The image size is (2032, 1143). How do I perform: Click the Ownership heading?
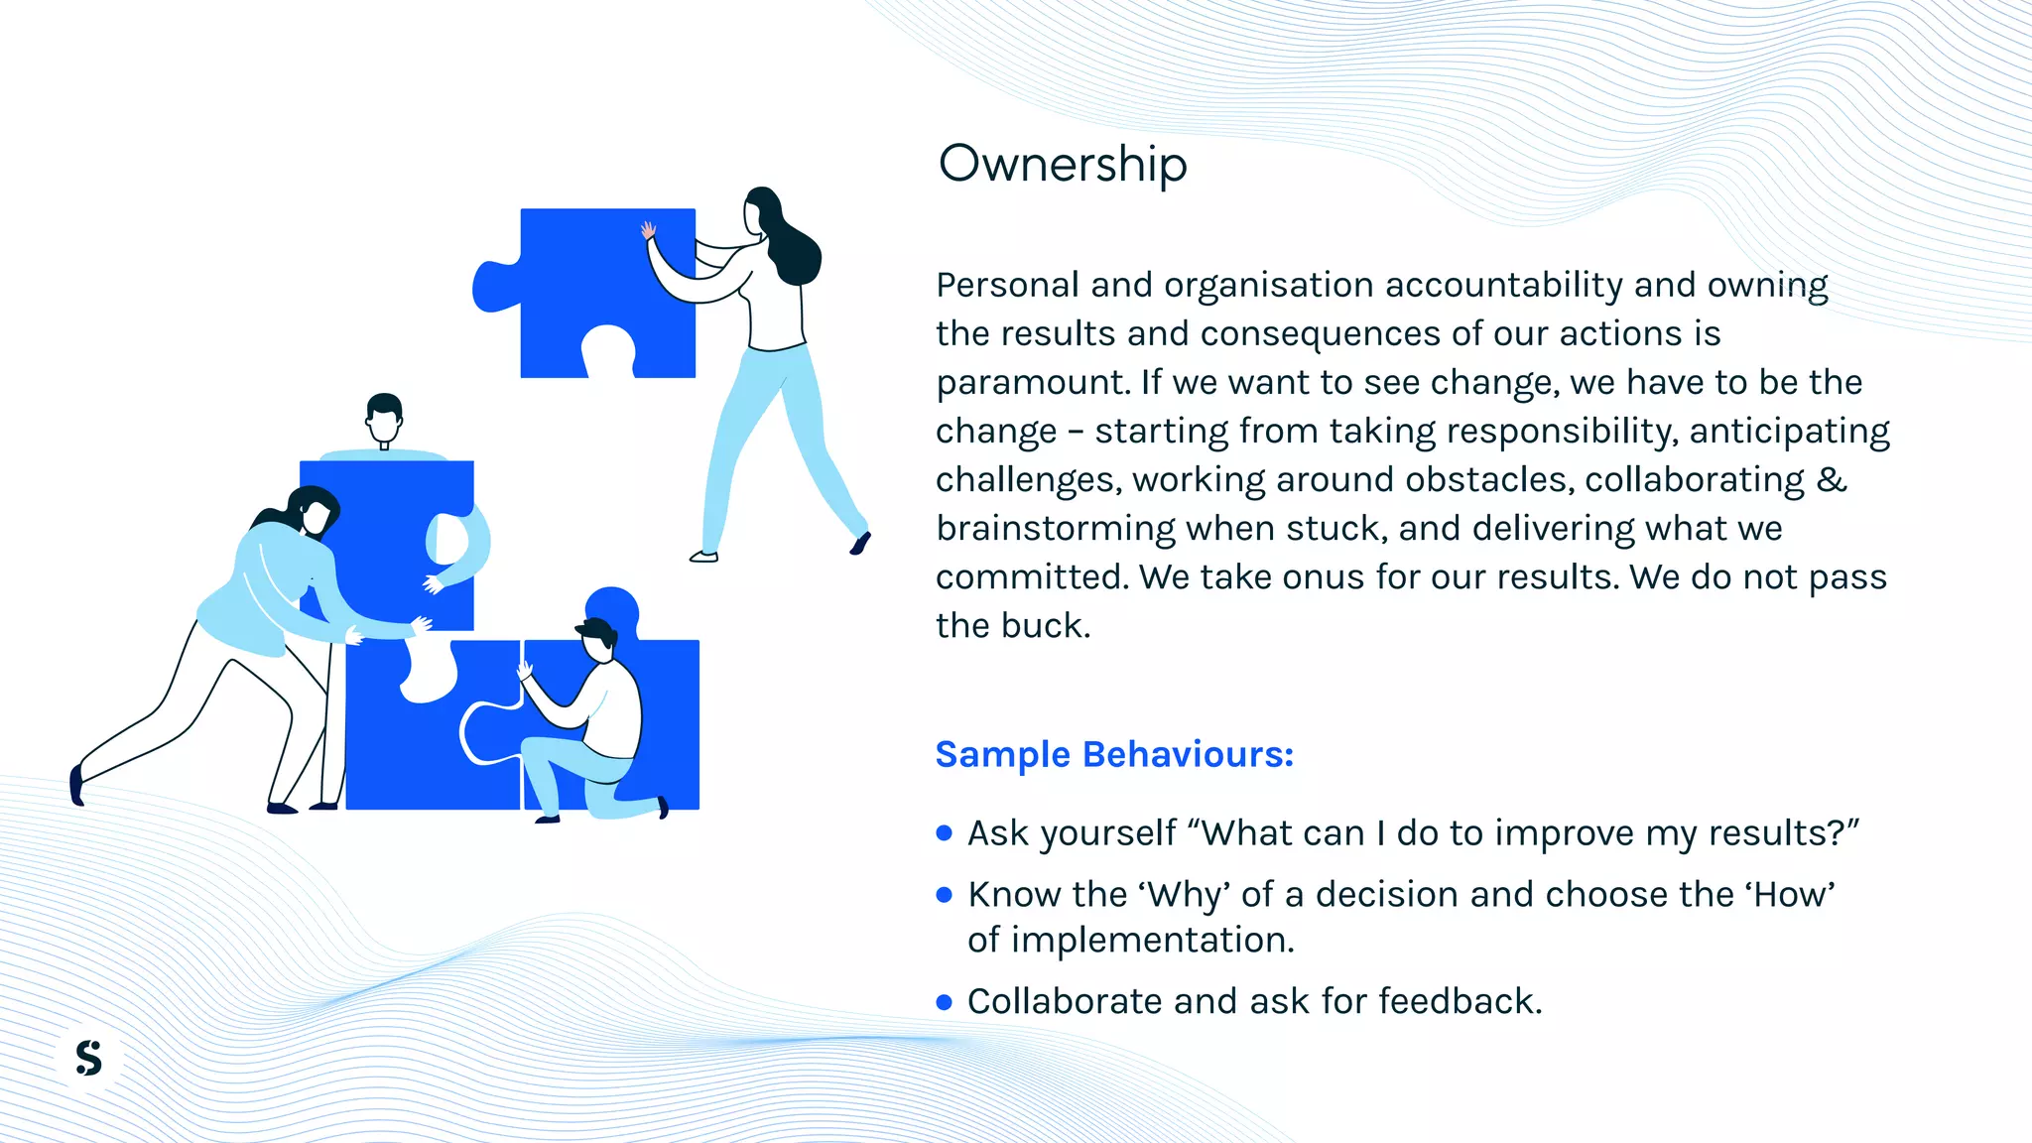pos(1063,164)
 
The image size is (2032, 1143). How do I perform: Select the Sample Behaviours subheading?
pos(1114,755)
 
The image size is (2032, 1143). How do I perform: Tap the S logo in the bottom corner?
pos(89,1058)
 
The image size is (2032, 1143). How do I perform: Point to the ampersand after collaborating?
pos(1831,479)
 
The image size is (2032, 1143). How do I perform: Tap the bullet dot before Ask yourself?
pos(944,833)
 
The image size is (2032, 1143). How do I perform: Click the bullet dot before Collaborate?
pos(944,1002)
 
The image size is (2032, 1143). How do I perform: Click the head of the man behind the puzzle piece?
pos(384,418)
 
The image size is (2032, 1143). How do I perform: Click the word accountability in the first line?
pos(1503,286)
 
